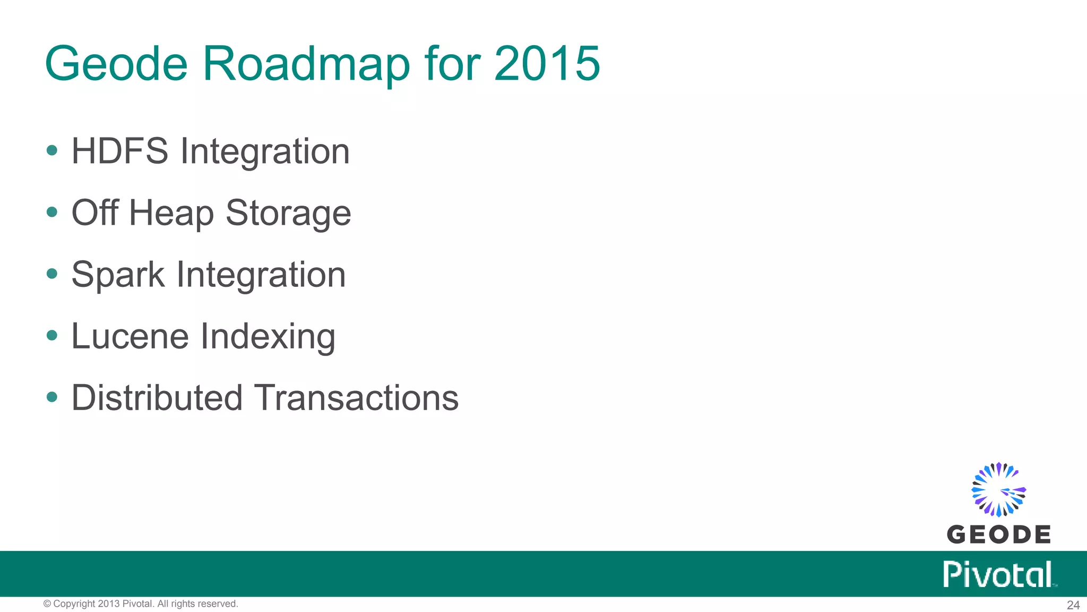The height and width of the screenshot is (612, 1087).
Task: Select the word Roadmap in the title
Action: (x=306, y=64)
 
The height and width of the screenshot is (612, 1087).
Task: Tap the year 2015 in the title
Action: (x=547, y=64)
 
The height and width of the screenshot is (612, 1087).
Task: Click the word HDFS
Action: (x=120, y=151)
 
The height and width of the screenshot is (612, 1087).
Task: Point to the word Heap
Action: (x=171, y=213)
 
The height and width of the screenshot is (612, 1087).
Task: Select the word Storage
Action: (x=288, y=213)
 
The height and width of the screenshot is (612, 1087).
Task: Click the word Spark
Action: (x=118, y=275)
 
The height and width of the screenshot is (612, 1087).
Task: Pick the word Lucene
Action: (x=130, y=336)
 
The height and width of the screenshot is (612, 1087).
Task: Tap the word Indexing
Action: (x=268, y=337)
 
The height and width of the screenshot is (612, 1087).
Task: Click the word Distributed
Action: (x=157, y=398)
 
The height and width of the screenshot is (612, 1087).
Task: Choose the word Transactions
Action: (x=357, y=398)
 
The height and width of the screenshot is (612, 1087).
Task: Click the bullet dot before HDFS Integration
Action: (x=52, y=150)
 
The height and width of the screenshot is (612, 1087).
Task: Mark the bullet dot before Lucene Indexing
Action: (x=52, y=335)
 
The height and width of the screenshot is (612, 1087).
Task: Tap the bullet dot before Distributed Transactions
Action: (x=52, y=397)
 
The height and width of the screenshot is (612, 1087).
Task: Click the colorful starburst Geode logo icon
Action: (x=998, y=489)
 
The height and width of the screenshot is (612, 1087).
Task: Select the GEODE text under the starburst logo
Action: (x=998, y=534)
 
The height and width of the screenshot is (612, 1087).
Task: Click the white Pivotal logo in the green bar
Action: (x=998, y=574)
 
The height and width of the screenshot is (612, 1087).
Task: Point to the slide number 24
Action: (x=1073, y=605)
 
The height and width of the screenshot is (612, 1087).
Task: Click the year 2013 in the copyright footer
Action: (x=109, y=604)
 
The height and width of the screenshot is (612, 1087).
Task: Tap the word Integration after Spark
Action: (x=261, y=275)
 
